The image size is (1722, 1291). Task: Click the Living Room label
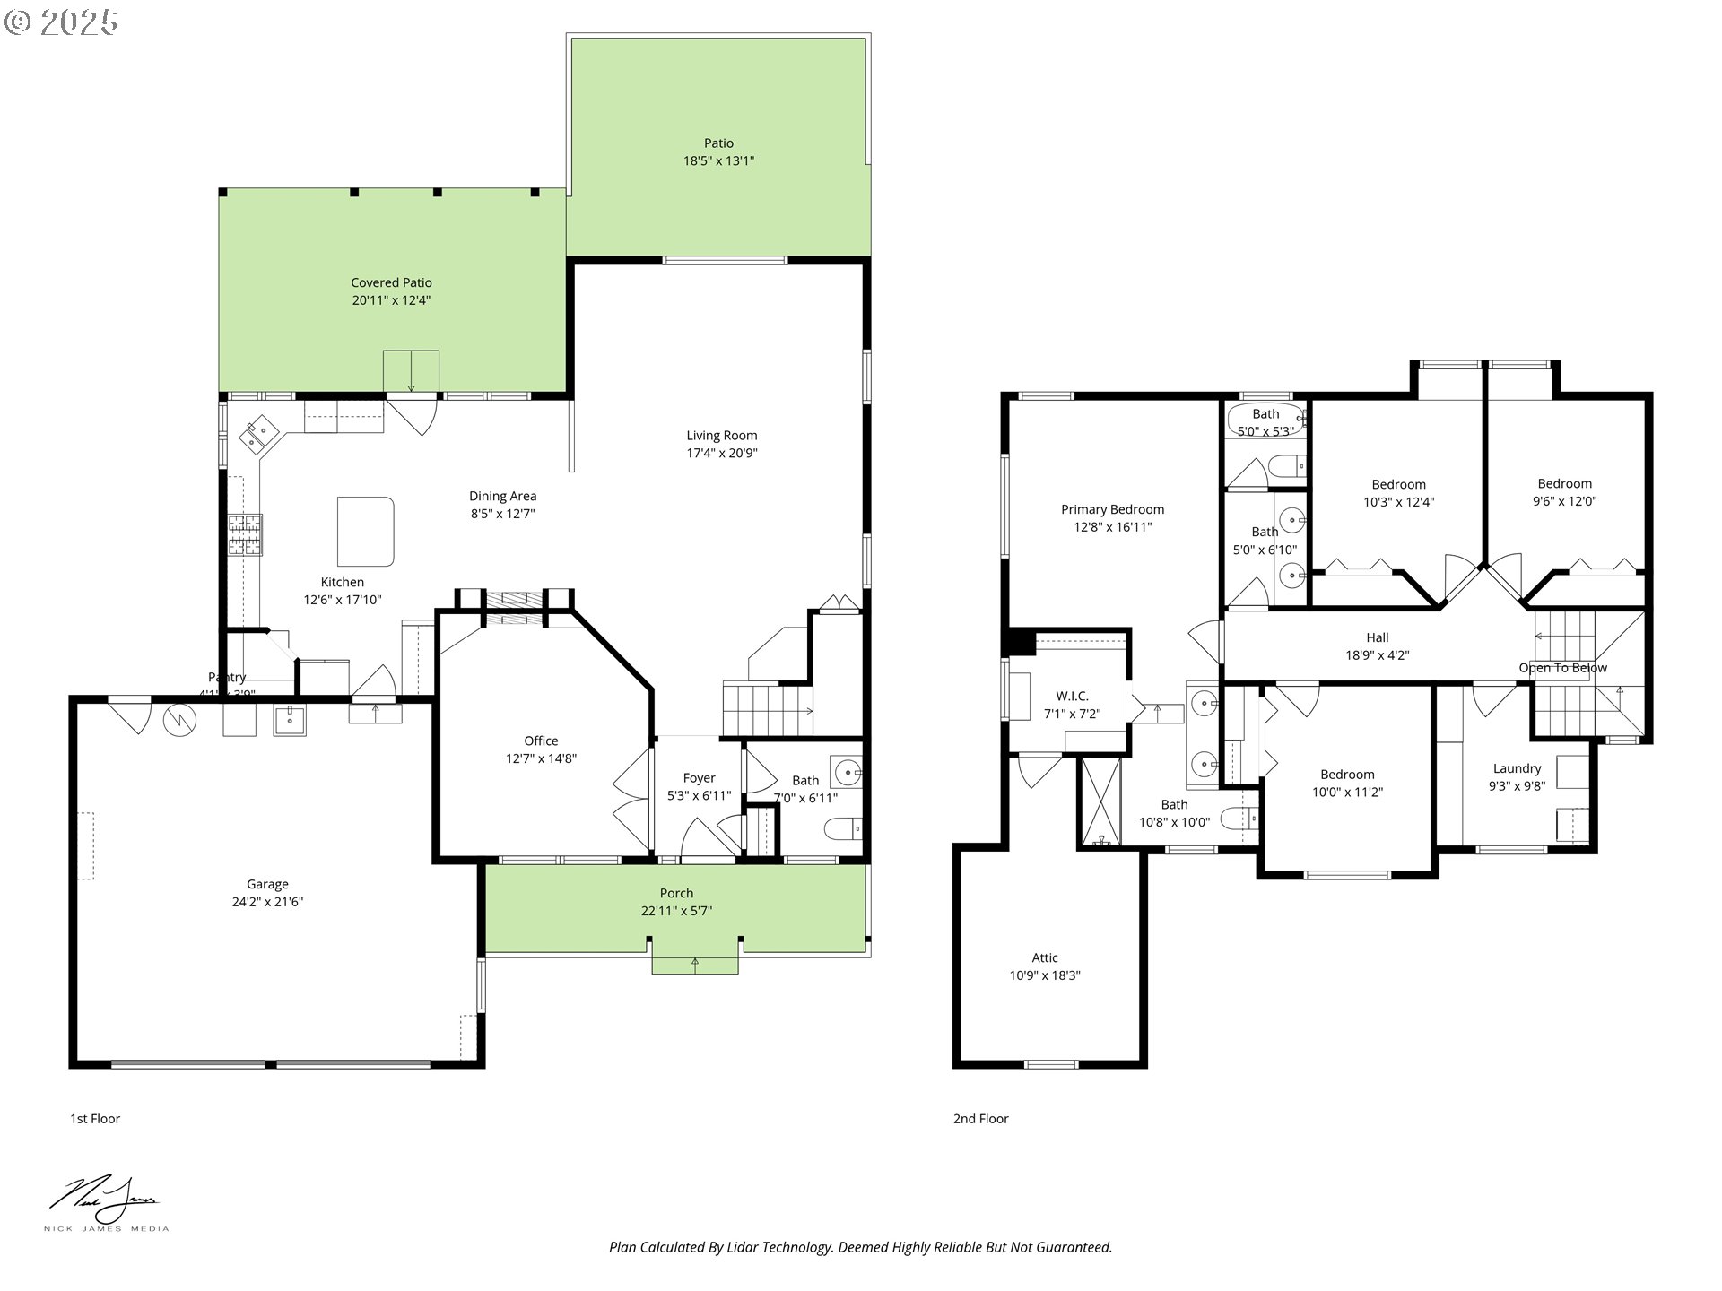[721, 436]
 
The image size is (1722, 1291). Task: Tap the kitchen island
[365, 531]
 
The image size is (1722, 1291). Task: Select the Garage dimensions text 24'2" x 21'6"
[267, 902]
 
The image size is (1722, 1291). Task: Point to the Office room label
[541, 741]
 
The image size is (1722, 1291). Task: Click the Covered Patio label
[391, 282]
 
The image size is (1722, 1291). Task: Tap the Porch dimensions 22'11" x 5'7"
[676, 911]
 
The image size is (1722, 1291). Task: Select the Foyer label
[699, 778]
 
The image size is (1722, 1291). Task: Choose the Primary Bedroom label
[1112, 509]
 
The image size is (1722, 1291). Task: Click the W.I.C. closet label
[1072, 696]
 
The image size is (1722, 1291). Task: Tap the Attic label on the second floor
[1044, 957]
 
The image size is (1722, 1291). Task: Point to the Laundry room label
[1517, 768]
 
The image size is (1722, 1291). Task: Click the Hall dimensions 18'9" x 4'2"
[1377, 655]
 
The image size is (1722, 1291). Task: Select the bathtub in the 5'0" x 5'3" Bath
[1265, 420]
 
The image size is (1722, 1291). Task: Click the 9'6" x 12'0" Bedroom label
[1564, 483]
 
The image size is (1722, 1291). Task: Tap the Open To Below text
[1562, 668]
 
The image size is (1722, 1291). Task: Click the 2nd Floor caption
[980, 1119]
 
